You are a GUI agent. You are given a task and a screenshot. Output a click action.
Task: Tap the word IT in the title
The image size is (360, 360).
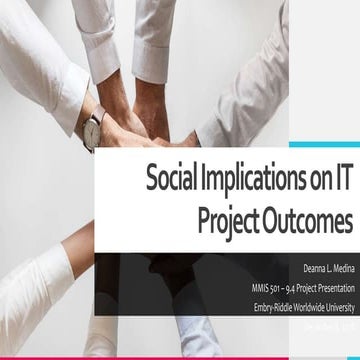tap(341, 181)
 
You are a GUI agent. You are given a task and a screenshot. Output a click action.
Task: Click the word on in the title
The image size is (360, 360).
tap(313, 181)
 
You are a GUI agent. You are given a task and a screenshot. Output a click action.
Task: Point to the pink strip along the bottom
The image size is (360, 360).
tap(180, 356)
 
